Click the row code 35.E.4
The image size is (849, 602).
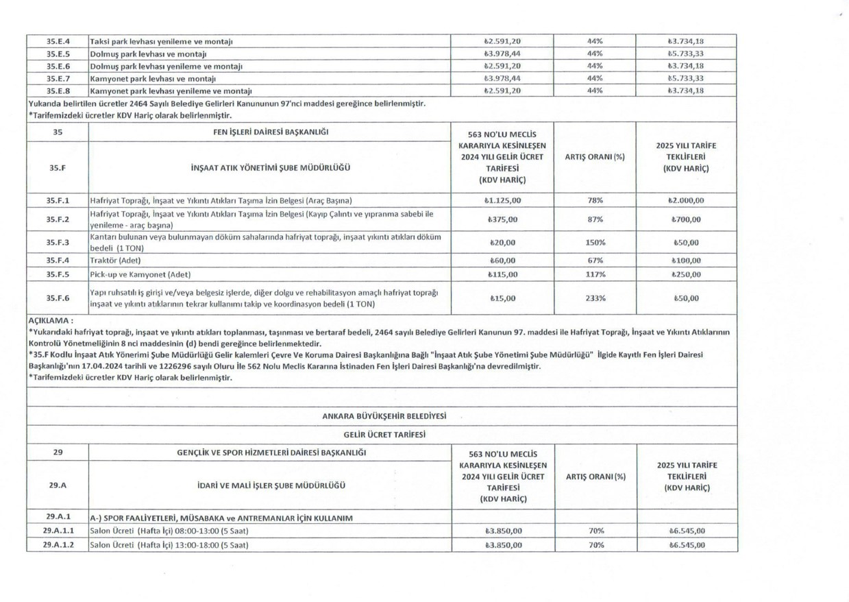click(58, 41)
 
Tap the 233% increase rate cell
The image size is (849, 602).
click(595, 298)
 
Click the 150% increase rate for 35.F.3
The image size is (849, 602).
click(595, 243)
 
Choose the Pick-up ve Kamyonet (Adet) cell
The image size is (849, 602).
click(140, 274)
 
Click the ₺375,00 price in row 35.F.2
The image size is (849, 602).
click(504, 220)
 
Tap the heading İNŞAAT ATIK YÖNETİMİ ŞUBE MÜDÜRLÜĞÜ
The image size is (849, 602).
click(270, 167)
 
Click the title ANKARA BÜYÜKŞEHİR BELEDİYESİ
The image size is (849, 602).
click(384, 416)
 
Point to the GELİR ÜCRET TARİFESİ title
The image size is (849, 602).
click(384, 435)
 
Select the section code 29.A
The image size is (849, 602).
click(58, 485)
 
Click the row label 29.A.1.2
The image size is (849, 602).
click(58, 545)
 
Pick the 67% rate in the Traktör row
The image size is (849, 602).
click(595, 261)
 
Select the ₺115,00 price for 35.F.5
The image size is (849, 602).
click(504, 274)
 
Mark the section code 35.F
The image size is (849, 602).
click(58, 167)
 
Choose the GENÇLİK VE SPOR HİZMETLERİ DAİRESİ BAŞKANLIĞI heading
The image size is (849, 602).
click(271, 453)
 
